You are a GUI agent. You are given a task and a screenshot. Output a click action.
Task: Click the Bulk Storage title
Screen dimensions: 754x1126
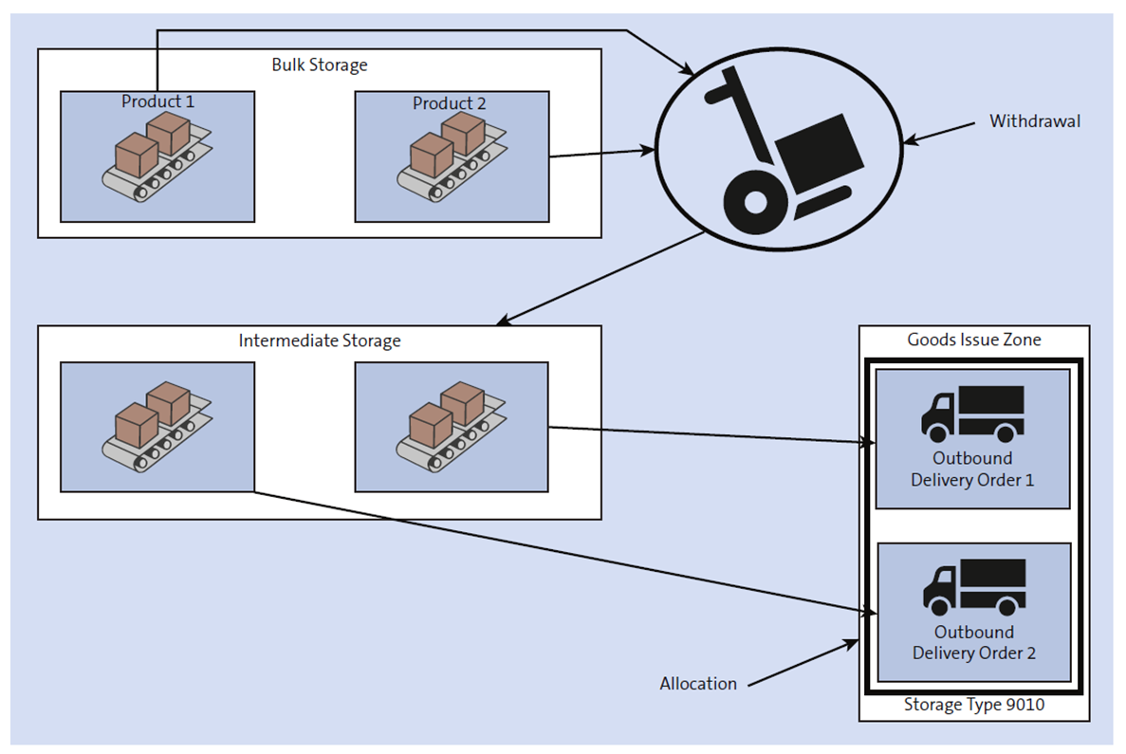(x=319, y=65)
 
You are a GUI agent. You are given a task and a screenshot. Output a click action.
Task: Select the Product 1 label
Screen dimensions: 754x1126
(x=157, y=101)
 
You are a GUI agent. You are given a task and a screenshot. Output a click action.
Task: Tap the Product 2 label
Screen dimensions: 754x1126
(x=450, y=103)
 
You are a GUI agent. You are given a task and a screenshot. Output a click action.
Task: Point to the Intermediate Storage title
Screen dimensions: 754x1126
(x=319, y=340)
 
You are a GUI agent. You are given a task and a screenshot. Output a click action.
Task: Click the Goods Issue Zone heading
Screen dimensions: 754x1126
(x=973, y=340)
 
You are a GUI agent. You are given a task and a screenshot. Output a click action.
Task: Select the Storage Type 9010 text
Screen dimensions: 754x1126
(x=973, y=705)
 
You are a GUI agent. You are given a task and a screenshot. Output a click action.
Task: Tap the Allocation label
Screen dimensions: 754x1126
(x=698, y=683)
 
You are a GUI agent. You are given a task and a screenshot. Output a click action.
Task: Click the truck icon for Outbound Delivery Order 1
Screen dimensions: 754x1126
(x=972, y=414)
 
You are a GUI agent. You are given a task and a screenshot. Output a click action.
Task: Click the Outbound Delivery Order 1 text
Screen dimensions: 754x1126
(x=972, y=469)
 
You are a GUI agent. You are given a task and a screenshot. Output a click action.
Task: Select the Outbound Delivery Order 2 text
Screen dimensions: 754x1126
(x=974, y=642)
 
